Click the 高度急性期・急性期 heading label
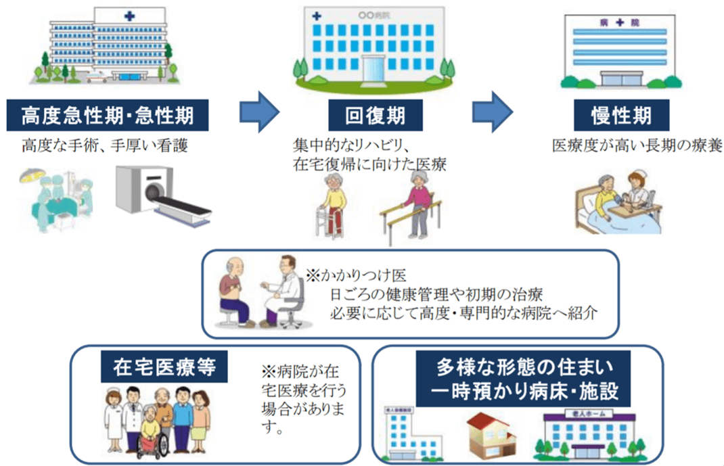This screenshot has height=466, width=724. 108,116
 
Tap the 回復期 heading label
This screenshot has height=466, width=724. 376,116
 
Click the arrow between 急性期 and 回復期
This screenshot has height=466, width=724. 260,108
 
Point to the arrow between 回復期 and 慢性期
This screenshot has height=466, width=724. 492,108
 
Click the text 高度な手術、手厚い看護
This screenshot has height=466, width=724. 104,145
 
